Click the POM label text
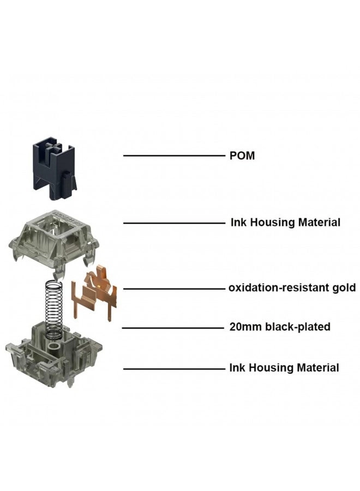point(241,156)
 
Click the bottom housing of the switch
point(53,355)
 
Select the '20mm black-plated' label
point(279,327)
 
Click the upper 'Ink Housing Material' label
point(284,223)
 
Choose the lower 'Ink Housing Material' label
point(284,368)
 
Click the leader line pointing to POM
point(173,156)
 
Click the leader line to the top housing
point(173,223)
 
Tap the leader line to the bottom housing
point(173,369)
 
